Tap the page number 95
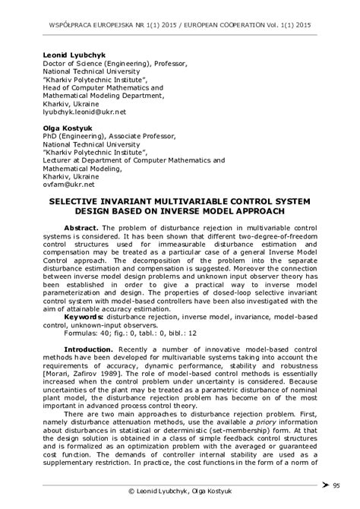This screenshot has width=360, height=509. pyautogui.click(x=337, y=485)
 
